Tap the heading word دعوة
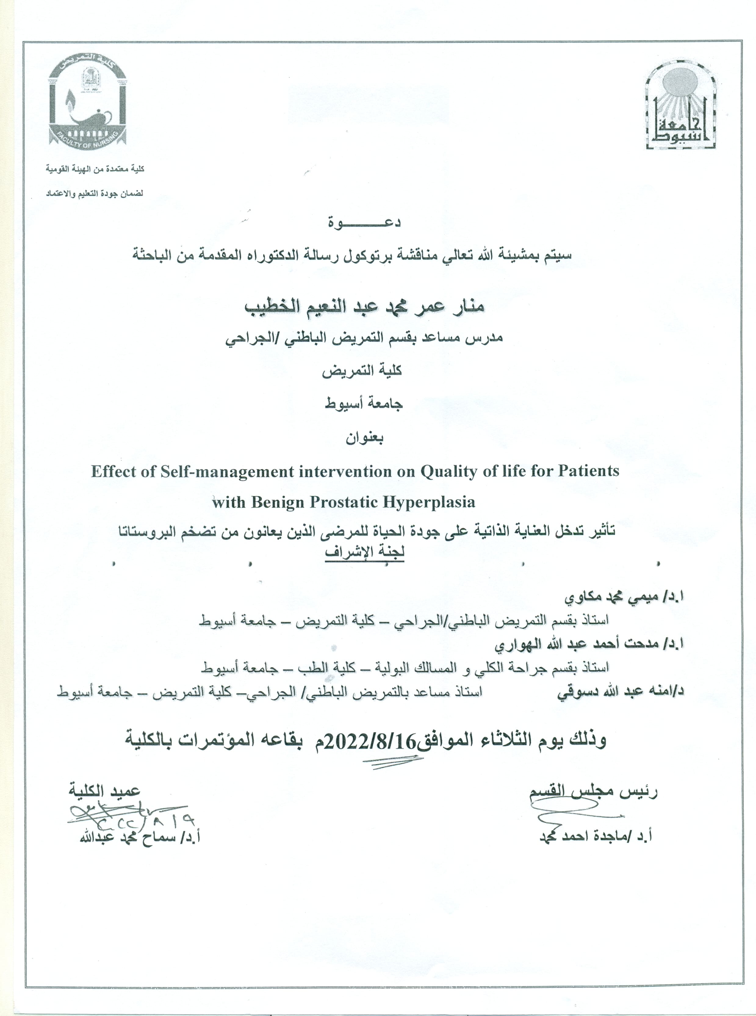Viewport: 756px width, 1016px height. click(x=365, y=223)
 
